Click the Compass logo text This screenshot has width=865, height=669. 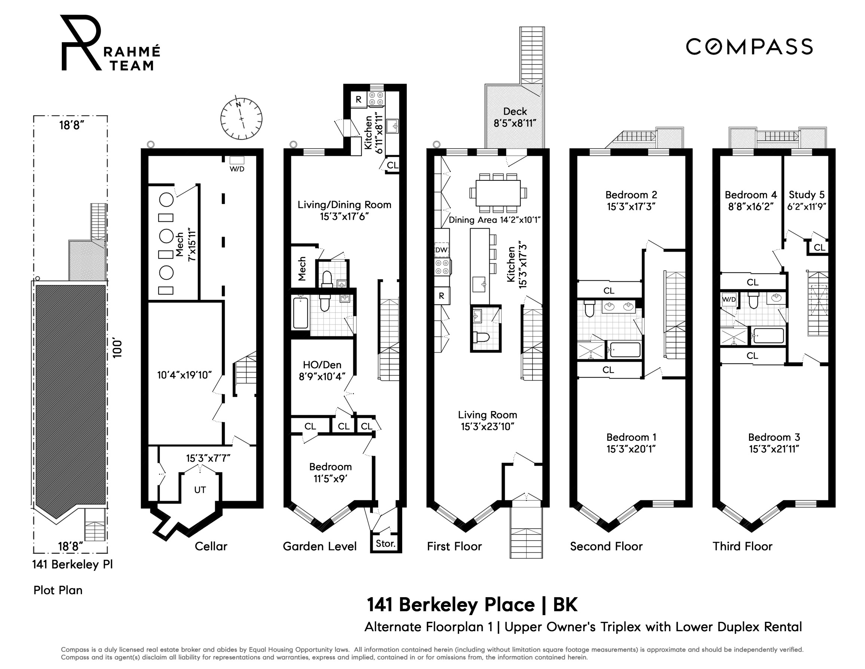click(x=749, y=47)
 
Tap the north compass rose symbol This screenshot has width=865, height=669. click(x=241, y=119)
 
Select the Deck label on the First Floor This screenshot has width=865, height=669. click(x=514, y=112)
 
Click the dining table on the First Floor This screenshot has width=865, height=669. click(x=498, y=193)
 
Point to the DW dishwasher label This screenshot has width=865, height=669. click(x=441, y=250)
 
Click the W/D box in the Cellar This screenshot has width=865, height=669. click(x=237, y=161)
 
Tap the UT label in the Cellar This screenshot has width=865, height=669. click(x=200, y=490)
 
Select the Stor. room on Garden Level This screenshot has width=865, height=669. click(x=385, y=543)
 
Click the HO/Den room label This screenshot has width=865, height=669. click(x=322, y=365)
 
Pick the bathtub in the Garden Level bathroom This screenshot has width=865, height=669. click(x=300, y=313)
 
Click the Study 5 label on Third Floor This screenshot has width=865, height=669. click(x=806, y=195)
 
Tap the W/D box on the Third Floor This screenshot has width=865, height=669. click(x=729, y=299)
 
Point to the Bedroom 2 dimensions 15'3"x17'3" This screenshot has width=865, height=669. click(x=631, y=207)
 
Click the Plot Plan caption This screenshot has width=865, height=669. click(x=58, y=590)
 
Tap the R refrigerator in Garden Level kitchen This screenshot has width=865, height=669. click(x=358, y=100)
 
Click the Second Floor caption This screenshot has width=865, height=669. click(x=606, y=547)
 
